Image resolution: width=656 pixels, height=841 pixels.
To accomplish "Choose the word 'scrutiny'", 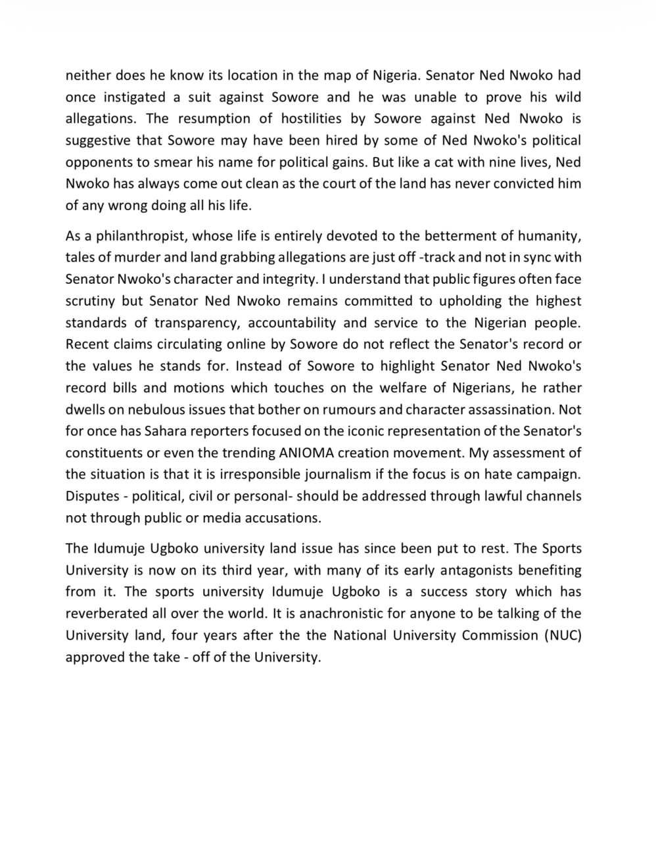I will (x=91, y=301).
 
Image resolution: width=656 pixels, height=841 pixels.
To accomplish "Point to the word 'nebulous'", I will (x=158, y=409).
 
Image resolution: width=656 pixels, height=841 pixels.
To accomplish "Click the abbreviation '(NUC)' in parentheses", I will (x=563, y=635).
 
